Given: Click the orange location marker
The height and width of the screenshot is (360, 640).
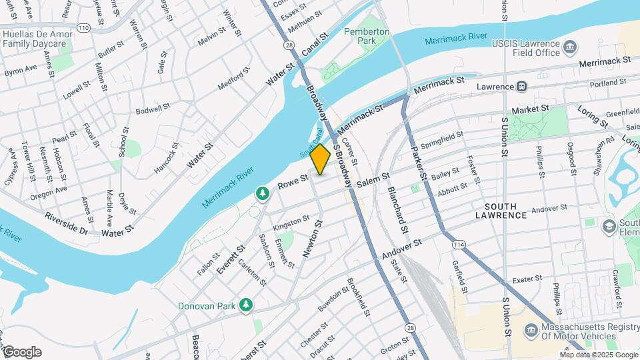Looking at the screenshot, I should [x=321, y=159].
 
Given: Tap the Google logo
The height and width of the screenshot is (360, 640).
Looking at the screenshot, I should [x=21, y=351].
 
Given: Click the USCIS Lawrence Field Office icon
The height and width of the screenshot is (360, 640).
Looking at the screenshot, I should [x=571, y=46].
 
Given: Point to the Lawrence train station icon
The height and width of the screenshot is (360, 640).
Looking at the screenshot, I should [x=522, y=86].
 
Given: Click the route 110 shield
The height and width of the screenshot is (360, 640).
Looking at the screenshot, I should [x=83, y=28].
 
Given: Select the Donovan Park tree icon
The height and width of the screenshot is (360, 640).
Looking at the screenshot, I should [x=247, y=305].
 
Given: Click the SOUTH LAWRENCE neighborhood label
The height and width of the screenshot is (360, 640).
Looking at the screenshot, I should [x=505, y=211].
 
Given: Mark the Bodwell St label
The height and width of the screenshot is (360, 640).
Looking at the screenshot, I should [x=149, y=109].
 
